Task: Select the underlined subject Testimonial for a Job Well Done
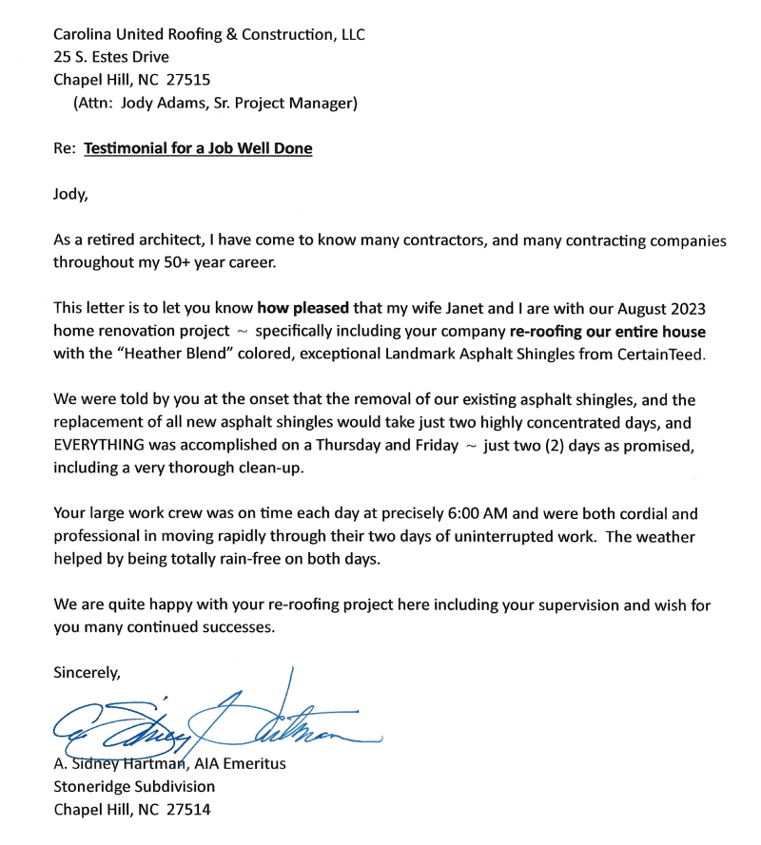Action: pos(198,148)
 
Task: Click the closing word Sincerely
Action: pos(87,673)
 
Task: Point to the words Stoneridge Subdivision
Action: pos(134,787)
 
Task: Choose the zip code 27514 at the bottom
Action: pos(187,810)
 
